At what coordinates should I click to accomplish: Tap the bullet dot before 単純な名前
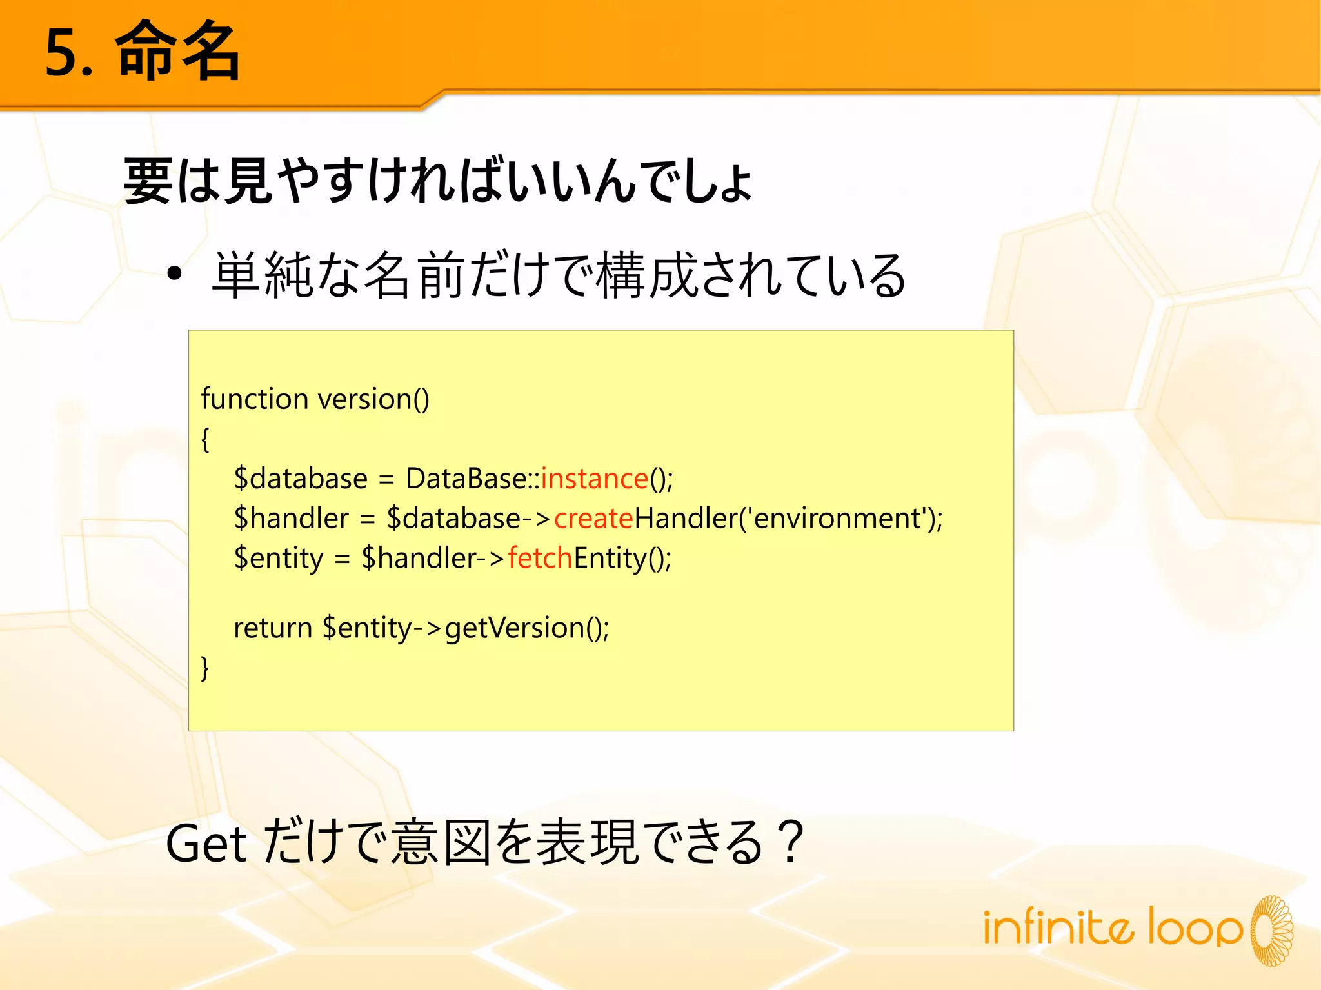[174, 275]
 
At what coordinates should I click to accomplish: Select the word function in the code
[254, 399]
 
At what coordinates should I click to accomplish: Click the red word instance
[594, 479]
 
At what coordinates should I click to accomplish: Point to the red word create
[593, 519]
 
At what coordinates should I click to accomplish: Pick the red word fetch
[540, 558]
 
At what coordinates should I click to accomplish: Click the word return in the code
[272, 628]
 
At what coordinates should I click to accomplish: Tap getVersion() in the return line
[526, 628]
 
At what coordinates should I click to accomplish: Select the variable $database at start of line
[301, 479]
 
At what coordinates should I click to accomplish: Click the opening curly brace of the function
[205, 439]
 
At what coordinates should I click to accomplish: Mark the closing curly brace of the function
[205, 668]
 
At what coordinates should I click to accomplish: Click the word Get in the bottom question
[206, 844]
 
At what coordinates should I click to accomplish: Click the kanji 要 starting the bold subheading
[148, 181]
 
